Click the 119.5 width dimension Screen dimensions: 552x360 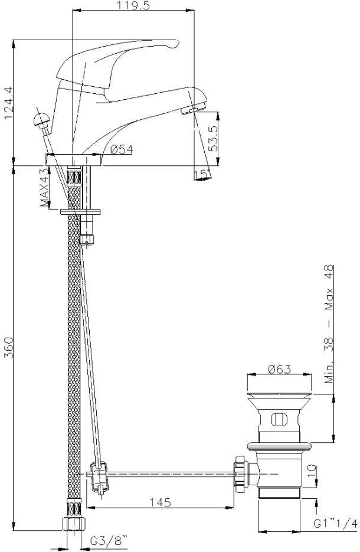click(x=133, y=6)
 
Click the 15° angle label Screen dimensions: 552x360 click(x=202, y=174)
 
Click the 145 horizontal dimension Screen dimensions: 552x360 click(x=159, y=502)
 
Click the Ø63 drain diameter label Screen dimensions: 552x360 click(x=279, y=370)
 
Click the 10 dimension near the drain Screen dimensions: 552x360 click(x=313, y=472)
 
